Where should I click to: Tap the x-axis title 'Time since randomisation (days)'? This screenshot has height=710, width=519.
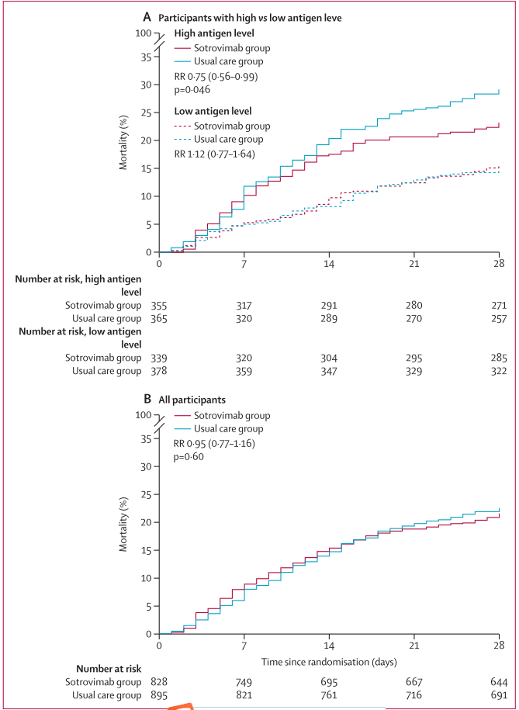(x=329, y=662)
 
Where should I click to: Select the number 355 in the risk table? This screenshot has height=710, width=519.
(x=159, y=305)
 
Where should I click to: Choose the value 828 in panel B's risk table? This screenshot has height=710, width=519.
(x=159, y=681)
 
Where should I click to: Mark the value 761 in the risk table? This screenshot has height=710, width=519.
(x=329, y=694)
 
